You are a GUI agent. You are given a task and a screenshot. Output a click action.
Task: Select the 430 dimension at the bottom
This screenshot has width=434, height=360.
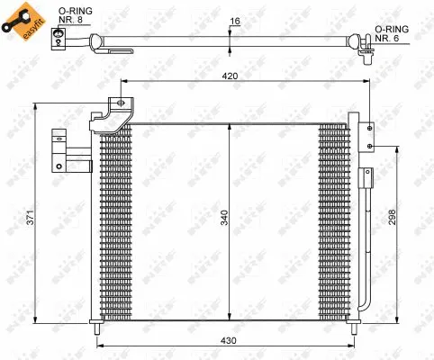coord(230,341)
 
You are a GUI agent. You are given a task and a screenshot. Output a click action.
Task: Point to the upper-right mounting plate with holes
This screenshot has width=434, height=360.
coord(367,135)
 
